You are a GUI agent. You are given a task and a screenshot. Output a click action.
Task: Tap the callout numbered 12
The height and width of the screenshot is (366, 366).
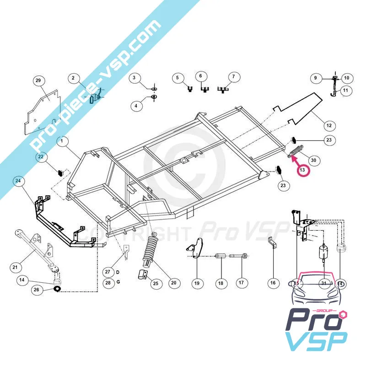[341, 125]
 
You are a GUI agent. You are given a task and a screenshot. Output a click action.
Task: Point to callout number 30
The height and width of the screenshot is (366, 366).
[313, 160]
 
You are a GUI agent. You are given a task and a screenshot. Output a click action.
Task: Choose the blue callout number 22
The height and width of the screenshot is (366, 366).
[41, 157]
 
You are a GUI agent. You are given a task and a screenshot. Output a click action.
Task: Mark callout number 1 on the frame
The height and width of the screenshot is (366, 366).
[61, 142]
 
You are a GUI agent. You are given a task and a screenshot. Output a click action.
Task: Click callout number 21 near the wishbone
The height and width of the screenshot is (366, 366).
[16, 267]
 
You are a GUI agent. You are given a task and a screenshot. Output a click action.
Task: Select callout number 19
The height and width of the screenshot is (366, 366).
[197, 284]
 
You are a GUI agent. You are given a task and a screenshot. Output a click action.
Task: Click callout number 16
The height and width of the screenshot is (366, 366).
[273, 283]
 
